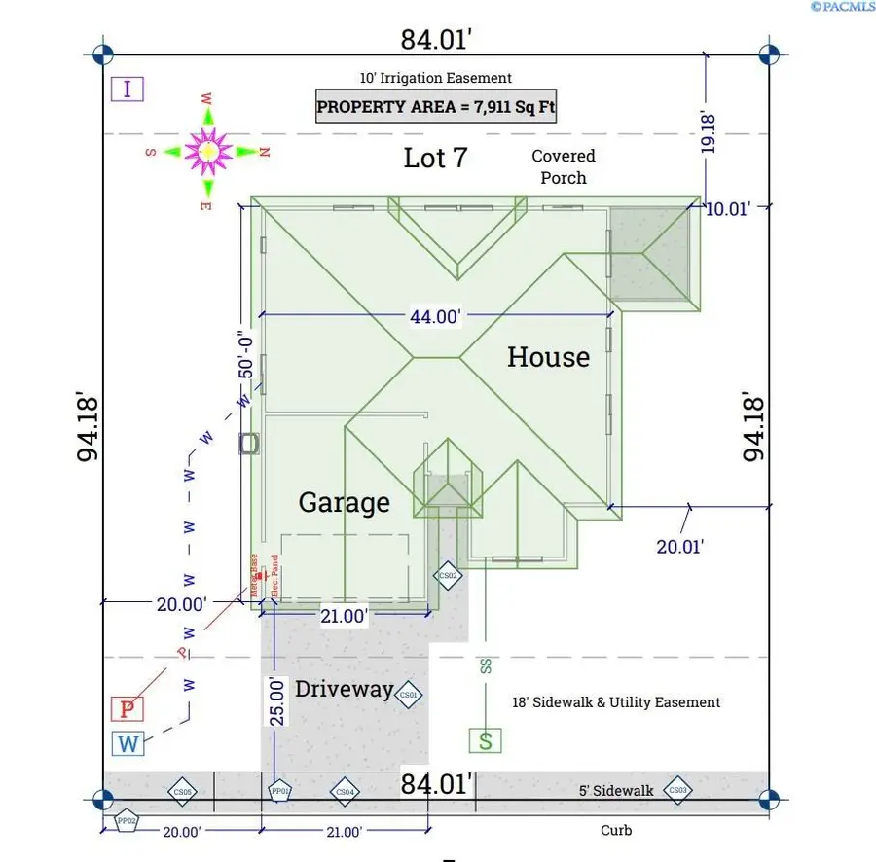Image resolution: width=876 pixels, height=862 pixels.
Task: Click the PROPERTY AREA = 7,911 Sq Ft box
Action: (436, 105)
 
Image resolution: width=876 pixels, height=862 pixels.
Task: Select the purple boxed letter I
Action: (127, 90)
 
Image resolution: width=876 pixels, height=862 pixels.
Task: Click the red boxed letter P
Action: (127, 709)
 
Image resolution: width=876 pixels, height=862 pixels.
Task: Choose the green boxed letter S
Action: (486, 740)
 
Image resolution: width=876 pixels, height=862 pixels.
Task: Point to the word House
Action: (548, 357)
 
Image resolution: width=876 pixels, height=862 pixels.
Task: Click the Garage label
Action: (344, 503)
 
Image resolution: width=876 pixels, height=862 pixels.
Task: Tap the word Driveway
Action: (344, 690)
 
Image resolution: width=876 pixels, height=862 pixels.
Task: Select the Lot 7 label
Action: (435, 158)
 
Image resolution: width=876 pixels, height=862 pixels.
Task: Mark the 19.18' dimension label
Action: (709, 132)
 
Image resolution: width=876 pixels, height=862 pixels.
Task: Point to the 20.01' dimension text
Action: (679, 547)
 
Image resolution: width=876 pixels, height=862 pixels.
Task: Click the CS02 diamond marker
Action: (448, 575)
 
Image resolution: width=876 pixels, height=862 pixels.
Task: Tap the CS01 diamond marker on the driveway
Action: (408, 695)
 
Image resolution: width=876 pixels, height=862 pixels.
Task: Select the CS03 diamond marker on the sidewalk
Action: (678, 790)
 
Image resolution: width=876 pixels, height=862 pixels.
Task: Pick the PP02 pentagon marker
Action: (126, 821)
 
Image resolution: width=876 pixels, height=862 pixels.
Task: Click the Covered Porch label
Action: (564, 166)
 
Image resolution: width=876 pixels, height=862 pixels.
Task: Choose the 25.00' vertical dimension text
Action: (277, 700)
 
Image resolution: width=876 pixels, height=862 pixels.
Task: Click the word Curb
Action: (615, 830)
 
